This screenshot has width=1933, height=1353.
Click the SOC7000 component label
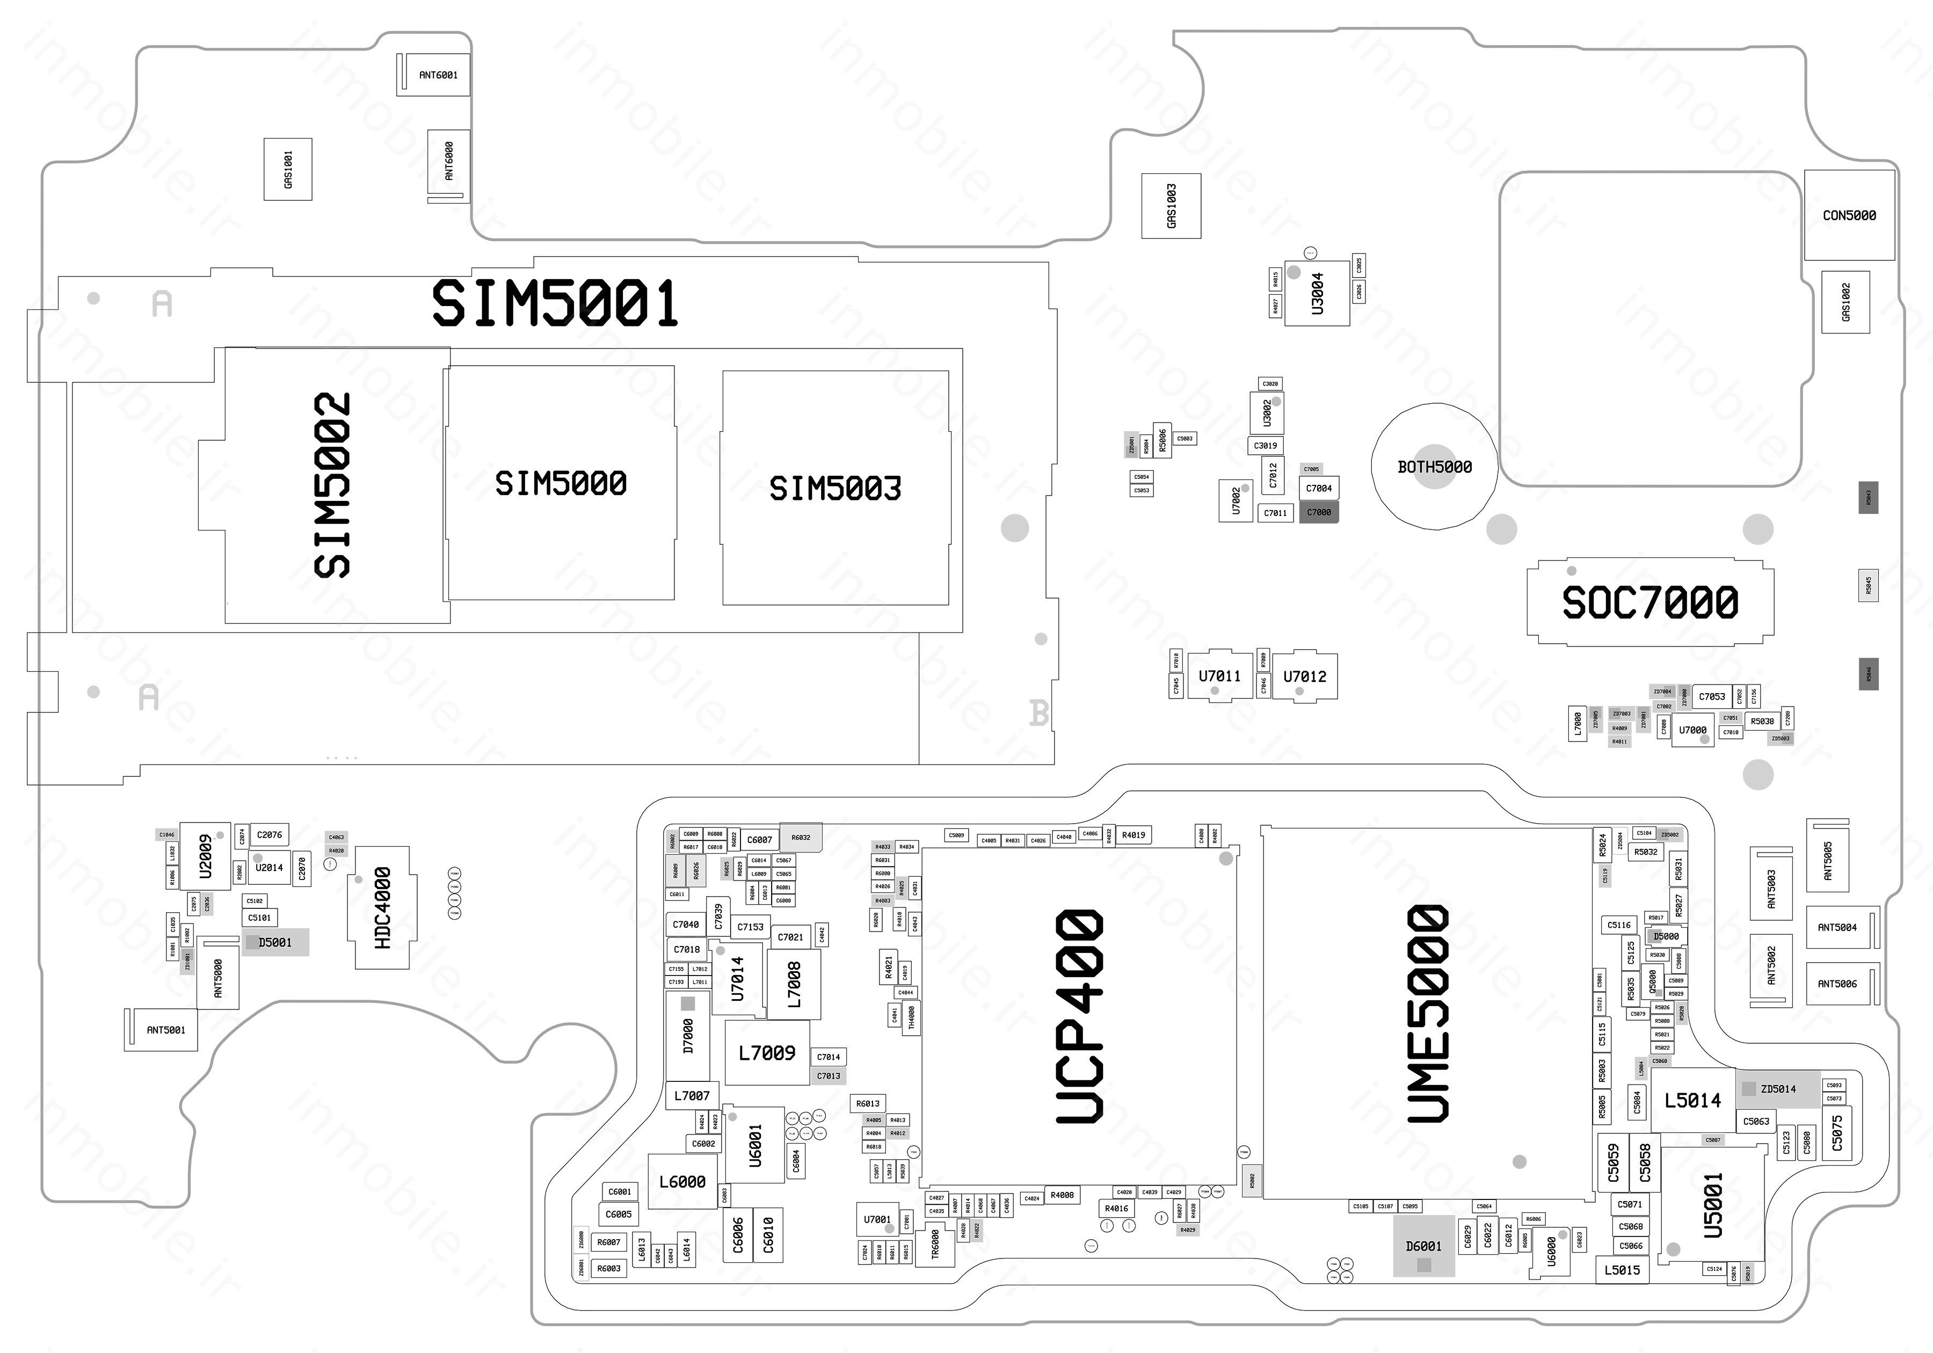point(1649,602)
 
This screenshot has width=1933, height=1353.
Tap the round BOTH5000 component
point(1434,467)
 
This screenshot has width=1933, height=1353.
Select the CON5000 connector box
point(1849,215)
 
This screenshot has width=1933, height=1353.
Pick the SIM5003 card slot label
point(835,489)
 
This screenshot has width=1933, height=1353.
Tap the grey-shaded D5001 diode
point(275,942)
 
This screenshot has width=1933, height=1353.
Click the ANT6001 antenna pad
point(438,75)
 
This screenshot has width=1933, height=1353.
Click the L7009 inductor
point(766,1052)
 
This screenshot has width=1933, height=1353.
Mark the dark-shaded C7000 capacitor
point(1318,512)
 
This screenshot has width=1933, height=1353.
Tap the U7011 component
point(1219,676)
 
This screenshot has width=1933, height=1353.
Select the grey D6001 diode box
point(1423,1246)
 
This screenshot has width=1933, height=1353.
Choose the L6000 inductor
point(682,1181)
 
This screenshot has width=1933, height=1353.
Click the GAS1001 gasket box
point(288,169)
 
